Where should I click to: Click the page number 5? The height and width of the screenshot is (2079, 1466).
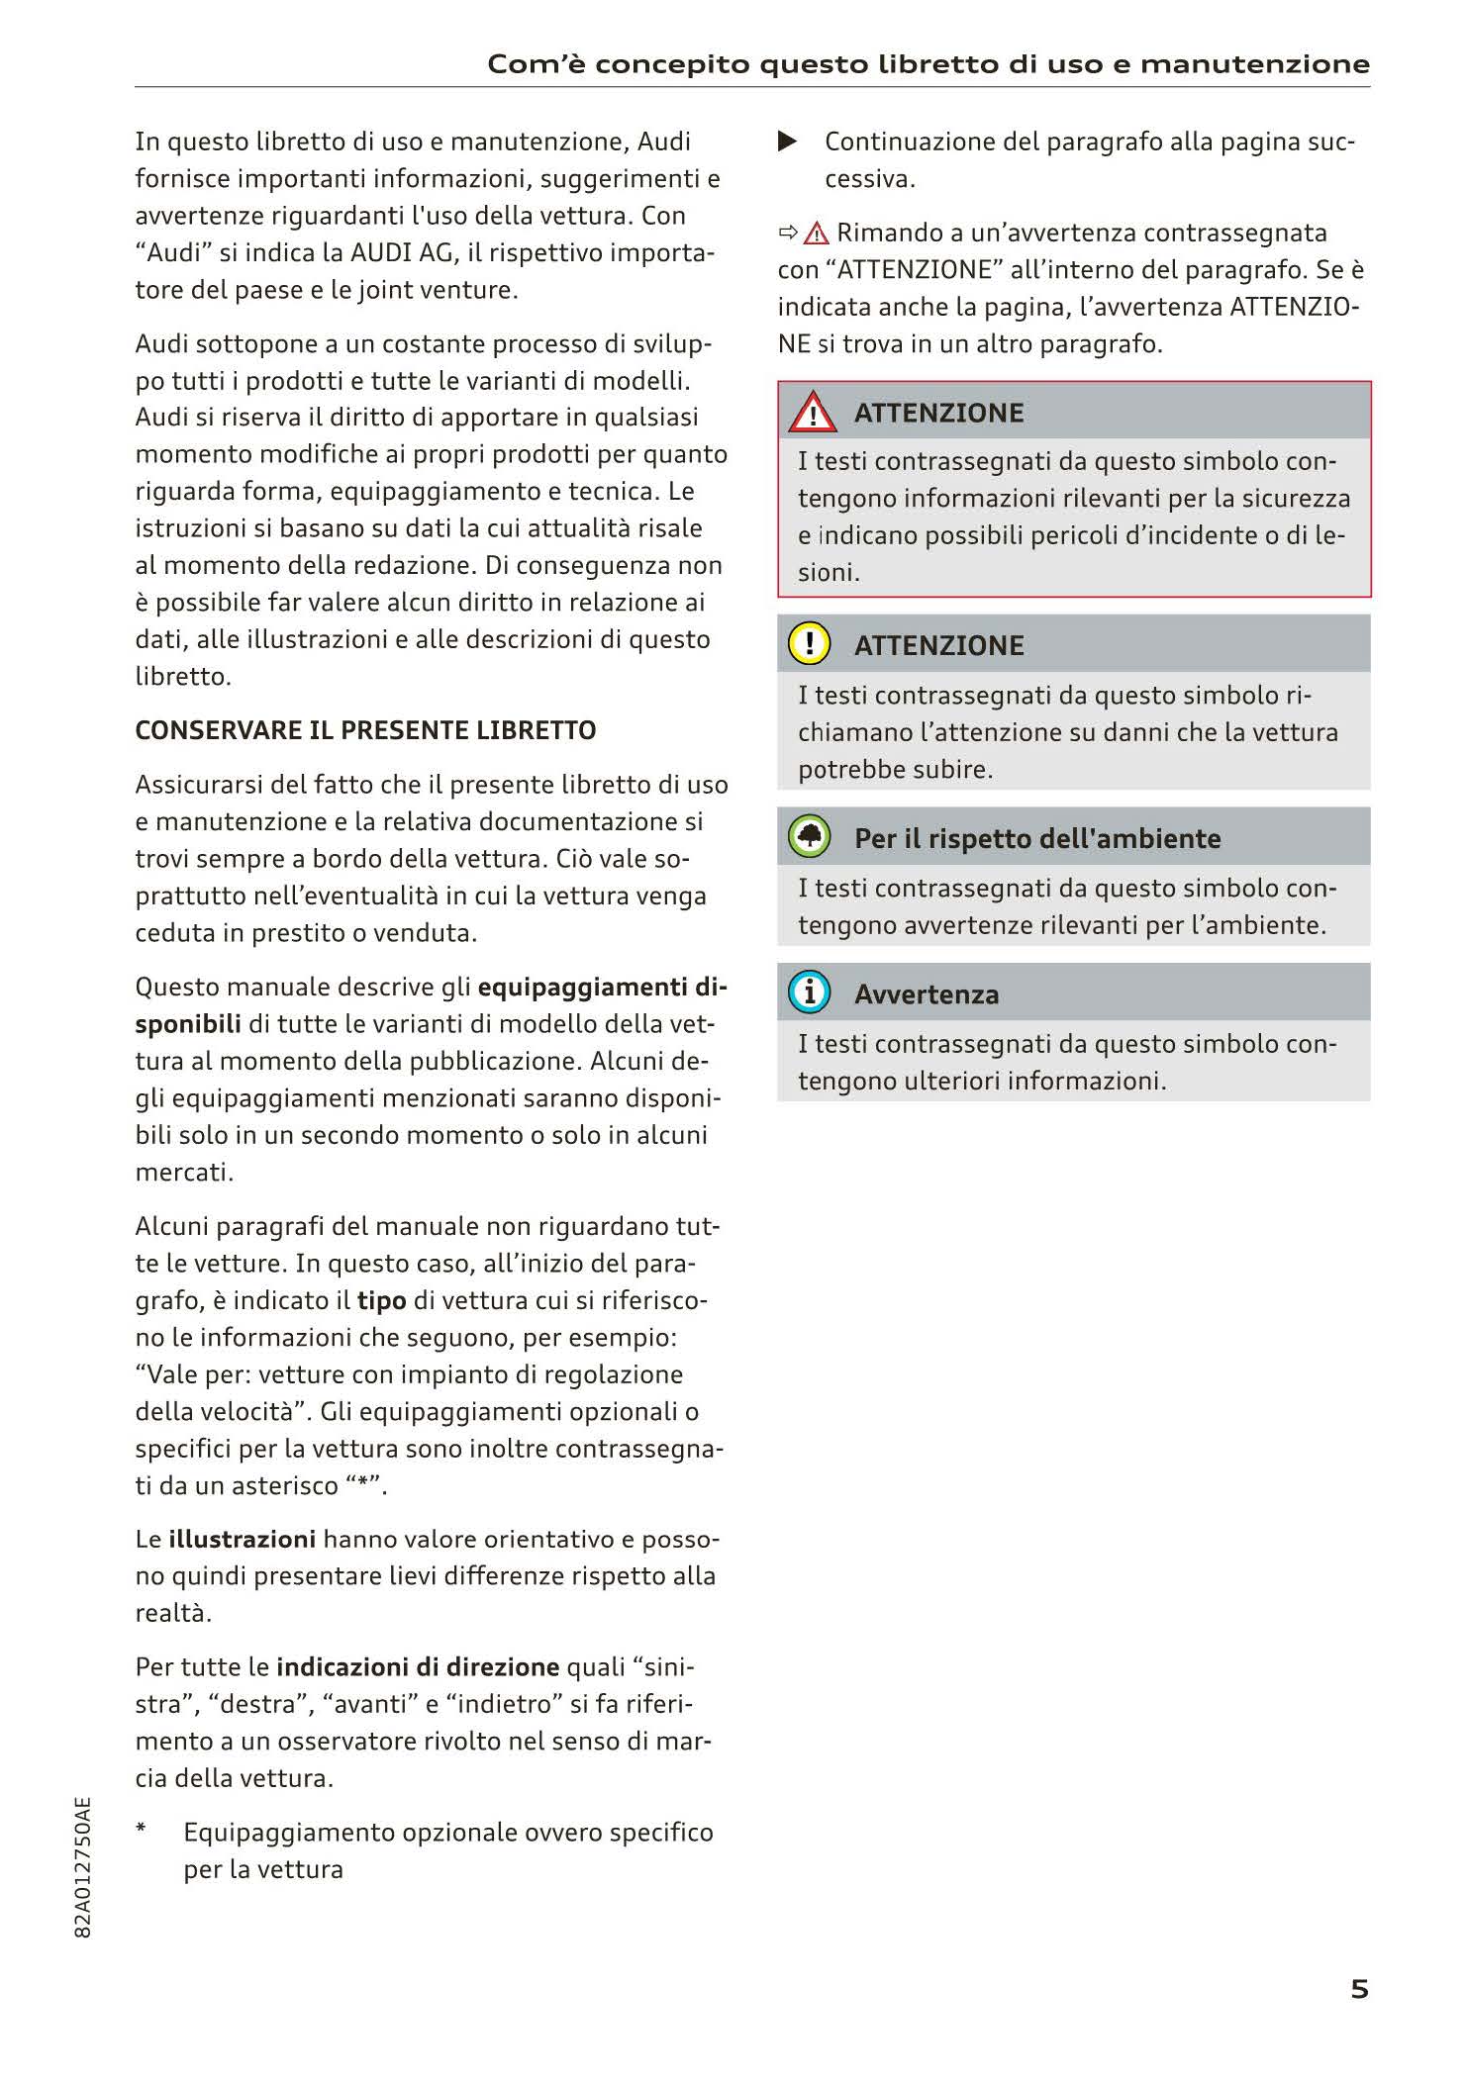[x=1359, y=1988]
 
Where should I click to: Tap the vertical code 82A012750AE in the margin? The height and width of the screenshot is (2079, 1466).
[x=83, y=1867]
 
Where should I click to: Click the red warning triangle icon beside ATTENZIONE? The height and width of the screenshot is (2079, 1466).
[x=812, y=413]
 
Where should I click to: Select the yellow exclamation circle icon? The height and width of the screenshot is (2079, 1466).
[x=809, y=643]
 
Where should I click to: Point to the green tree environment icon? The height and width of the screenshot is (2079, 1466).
[x=809, y=837]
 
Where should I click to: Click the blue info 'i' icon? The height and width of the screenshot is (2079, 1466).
[x=809, y=992]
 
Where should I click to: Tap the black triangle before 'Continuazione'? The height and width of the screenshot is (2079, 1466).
[x=788, y=142]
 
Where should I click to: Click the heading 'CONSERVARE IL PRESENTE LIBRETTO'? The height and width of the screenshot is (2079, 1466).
[x=365, y=730]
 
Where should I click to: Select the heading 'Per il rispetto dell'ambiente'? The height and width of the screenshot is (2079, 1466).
[x=1036, y=838]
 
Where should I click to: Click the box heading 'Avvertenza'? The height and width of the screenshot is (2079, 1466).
[x=926, y=993]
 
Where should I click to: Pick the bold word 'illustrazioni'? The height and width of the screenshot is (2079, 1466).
[x=242, y=1539]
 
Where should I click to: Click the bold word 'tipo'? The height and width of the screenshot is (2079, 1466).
[x=381, y=1300]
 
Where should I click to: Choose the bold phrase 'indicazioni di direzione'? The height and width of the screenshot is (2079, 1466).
[x=418, y=1666]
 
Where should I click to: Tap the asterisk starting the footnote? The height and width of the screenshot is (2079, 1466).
[x=142, y=1829]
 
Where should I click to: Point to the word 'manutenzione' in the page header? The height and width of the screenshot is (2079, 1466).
[x=1254, y=64]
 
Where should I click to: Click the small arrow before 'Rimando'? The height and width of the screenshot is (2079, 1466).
[x=788, y=233]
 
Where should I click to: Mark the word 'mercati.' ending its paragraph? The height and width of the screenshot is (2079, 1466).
[x=184, y=1172]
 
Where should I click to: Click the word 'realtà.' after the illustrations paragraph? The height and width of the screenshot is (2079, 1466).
[x=173, y=1613]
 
